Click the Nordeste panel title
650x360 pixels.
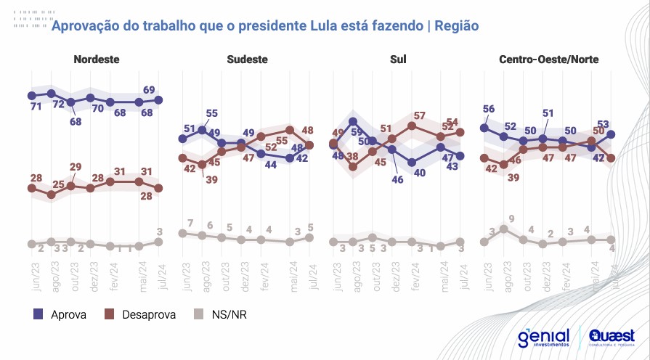[97, 60]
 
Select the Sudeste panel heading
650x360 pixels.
[247, 60]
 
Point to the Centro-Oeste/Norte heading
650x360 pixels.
[549, 60]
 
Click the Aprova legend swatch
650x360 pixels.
[39, 314]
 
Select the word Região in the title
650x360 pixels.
[457, 25]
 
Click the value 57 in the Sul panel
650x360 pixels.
[420, 115]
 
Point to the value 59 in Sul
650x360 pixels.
[357, 132]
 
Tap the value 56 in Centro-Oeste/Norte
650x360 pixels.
[488, 110]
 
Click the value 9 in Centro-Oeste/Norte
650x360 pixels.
[511, 218]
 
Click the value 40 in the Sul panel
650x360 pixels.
[419, 173]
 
